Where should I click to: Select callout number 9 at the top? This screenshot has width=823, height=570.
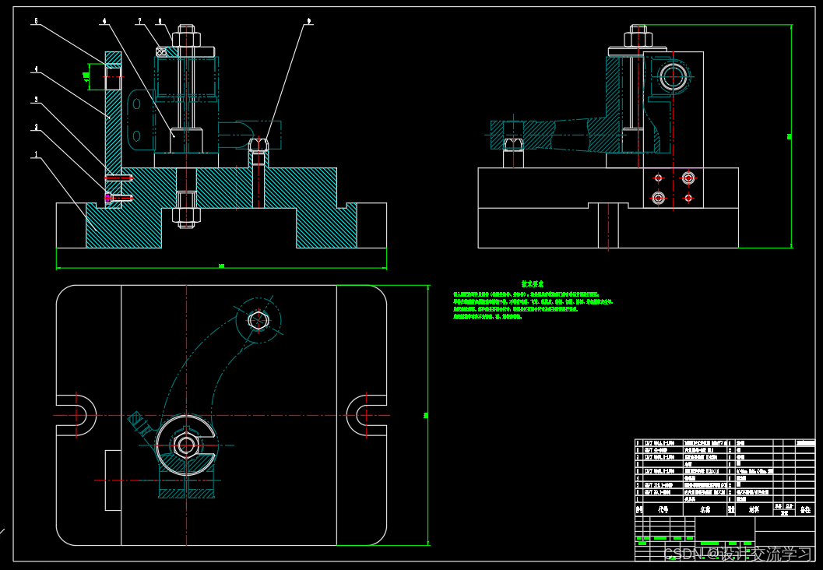point(309,22)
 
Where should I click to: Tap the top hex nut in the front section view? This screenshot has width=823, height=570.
point(185,37)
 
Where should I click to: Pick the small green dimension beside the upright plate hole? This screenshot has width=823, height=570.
point(86,76)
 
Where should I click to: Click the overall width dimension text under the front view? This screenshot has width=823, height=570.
point(221,266)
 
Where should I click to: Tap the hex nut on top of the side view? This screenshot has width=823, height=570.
point(638,36)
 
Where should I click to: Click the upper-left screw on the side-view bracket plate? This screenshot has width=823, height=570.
point(659,178)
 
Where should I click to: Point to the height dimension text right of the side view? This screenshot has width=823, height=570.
point(788,136)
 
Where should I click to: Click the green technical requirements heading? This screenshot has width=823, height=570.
point(533,285)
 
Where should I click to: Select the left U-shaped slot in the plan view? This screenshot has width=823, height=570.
point(78,414)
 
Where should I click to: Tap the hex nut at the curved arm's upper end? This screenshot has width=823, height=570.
point(258,319)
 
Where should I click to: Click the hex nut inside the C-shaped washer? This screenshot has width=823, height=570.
point(185,445)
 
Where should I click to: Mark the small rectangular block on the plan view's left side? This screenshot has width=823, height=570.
point(113,480)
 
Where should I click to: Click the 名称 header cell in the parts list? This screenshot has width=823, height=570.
point(705,510)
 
